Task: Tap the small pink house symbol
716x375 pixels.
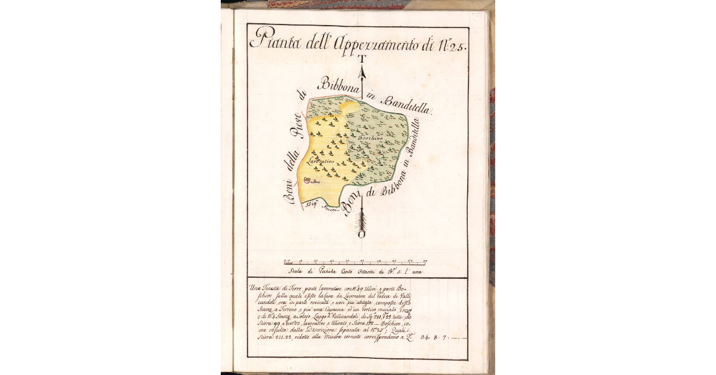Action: [x=308, y=179]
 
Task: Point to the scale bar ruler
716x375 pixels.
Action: [x=356, y=262]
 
